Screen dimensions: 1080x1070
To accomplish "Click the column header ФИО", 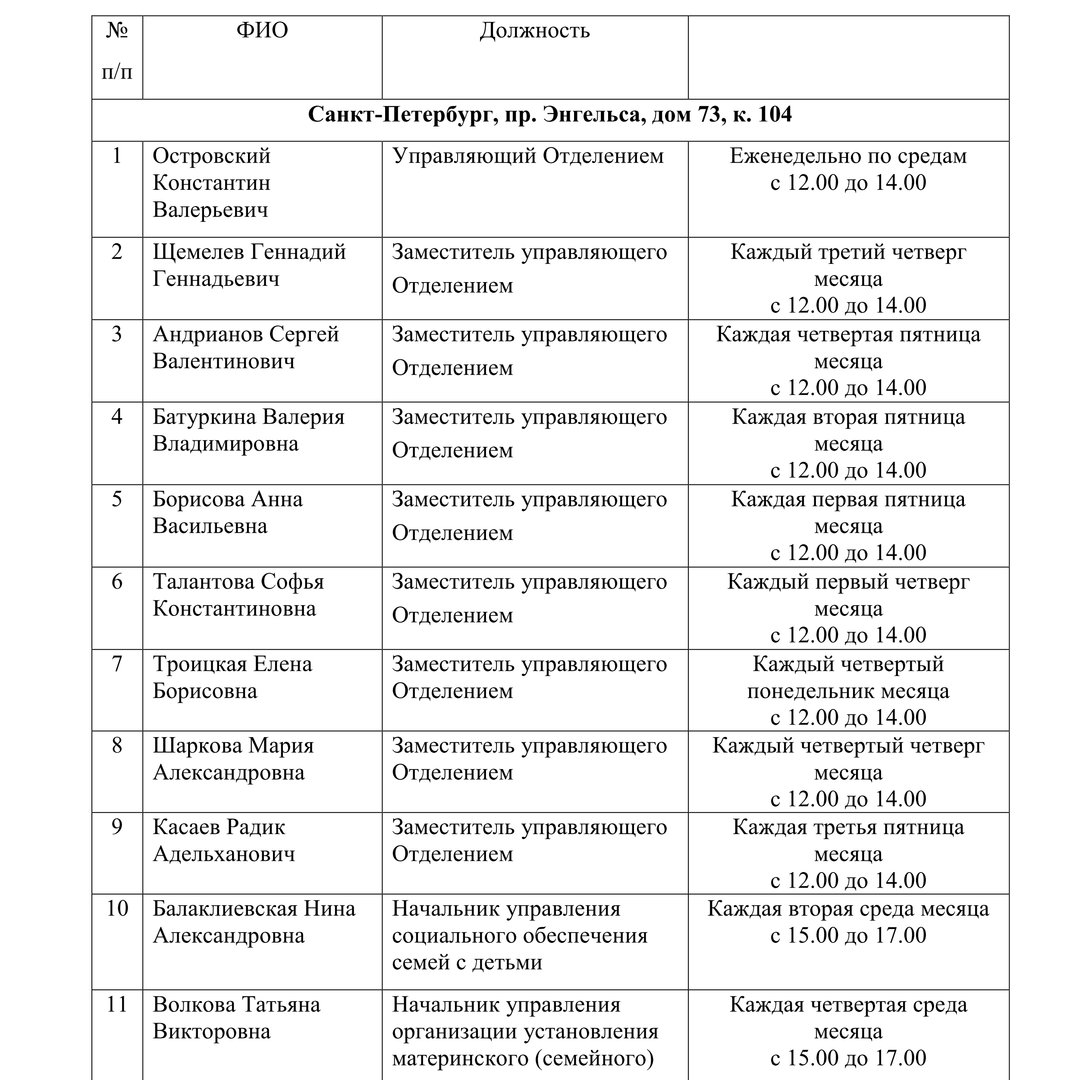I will (x=262, y=30).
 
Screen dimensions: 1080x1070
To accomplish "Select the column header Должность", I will (x=534, y=31).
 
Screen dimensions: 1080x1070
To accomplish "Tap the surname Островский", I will (x=211, y=156).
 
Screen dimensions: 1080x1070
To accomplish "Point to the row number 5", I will (x=117, y=499).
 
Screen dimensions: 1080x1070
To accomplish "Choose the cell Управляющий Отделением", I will (x=528, y=156).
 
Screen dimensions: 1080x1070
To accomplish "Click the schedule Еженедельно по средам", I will (x=847, y=156).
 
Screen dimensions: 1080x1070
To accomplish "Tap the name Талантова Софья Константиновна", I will (x=238, y=595).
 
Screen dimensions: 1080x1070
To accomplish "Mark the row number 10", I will (x=117, y=908).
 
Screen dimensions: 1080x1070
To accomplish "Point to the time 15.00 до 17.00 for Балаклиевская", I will (x=847, y=935).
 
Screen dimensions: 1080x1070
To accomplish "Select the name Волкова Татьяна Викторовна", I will (x=236, y=1017).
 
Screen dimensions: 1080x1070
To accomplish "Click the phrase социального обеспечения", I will (x=519, y=935).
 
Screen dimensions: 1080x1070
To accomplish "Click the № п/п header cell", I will (x=117, y=51).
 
